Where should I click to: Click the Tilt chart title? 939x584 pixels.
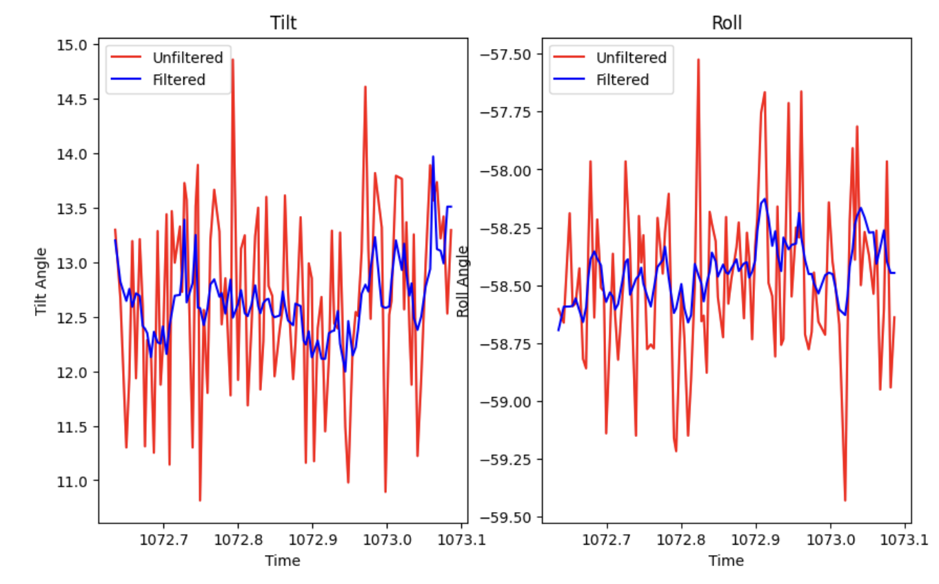(x=283, y=23)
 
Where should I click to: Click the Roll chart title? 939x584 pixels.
(x=727, y=23)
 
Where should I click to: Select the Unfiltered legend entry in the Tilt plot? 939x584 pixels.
(x=188, y=58)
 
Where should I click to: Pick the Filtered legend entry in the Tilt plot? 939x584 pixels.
(x=179, y=80)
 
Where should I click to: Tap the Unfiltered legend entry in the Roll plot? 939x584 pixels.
(x=631, y=58)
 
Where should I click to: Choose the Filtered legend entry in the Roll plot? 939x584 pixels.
(x=622, y=80)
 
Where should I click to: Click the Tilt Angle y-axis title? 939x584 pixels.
(x=42, y=281)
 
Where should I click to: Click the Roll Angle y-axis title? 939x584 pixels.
(x=463, y=281)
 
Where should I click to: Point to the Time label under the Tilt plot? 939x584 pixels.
(x=283, y=561)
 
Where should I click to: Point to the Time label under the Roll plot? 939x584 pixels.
(x=726, y=561)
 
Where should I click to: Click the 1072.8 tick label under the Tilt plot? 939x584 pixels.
(x=238, y=537)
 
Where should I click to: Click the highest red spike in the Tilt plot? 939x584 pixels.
(x=233, y=60)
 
